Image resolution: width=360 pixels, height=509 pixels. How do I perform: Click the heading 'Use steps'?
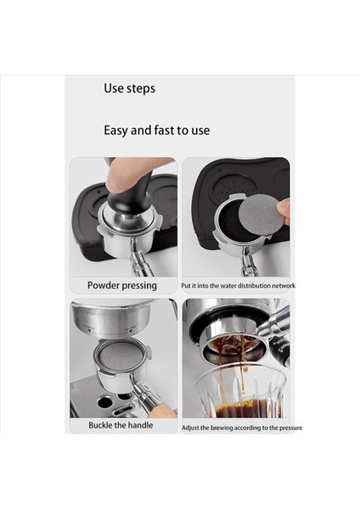coord(129,88)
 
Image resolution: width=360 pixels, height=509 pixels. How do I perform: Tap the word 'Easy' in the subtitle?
coord(117,131)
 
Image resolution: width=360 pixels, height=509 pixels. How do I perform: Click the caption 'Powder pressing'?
coord(122,286)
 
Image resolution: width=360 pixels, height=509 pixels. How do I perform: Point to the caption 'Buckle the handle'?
coord(121,425)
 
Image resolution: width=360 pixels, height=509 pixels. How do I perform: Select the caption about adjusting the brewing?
coord(242,428)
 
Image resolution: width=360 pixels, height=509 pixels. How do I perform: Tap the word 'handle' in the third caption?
coord(139,425)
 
